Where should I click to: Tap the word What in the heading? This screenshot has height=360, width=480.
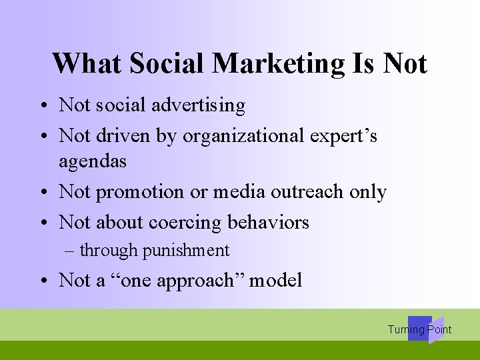87,64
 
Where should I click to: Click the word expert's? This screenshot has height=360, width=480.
348,136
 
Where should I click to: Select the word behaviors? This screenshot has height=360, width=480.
269,222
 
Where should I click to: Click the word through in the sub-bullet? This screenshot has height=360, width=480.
109,251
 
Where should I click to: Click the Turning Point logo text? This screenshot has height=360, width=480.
419,329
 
